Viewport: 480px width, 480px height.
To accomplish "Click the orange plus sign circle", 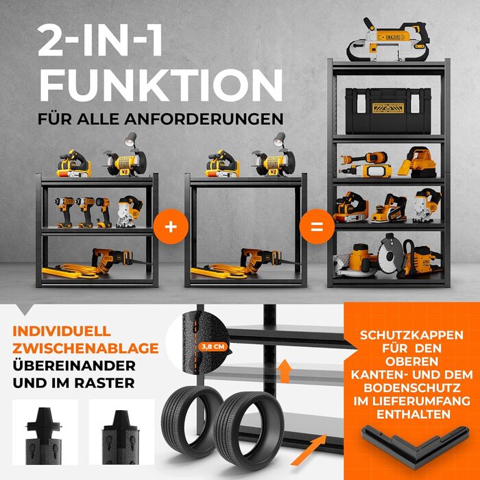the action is [171, 226].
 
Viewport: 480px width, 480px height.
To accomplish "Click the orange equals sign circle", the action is [317, 226].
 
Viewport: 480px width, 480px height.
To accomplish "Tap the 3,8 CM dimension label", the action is [213, 347].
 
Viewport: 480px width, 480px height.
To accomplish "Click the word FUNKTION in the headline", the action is [161, 86].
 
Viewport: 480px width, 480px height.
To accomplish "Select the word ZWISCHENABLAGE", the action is [86, 348].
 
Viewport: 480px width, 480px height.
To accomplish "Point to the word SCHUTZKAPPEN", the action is [411, 335].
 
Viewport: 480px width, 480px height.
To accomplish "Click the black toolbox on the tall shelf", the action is [388, 111].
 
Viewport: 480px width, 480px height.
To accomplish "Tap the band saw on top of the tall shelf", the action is [388, 40].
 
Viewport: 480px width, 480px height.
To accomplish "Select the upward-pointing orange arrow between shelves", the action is [285, 371].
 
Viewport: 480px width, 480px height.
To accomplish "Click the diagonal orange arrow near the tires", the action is [309, 451].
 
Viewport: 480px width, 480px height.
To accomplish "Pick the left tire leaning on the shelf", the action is [192, 422].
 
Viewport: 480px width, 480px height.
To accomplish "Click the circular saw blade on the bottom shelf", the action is [389, 254].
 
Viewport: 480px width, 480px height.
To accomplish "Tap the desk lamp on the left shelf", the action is [131, 140].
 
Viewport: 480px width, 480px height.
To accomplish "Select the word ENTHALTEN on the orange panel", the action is [413, 414].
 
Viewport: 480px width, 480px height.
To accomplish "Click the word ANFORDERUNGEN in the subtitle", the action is [204, 119].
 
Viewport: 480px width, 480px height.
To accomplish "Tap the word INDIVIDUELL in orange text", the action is [62, 331].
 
